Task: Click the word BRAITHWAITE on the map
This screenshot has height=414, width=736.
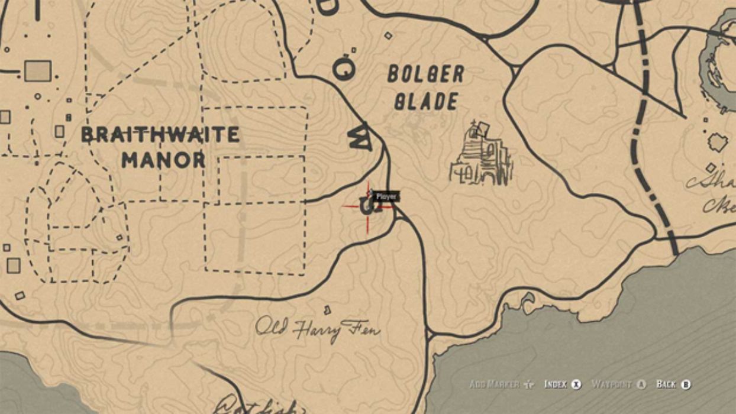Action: (160, 135)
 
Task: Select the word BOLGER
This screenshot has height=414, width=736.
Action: (425, 75)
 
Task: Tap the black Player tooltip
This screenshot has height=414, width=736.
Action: (386, 196)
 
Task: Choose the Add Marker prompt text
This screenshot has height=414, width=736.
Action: (494, 384)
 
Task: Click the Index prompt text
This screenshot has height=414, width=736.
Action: (556, 384)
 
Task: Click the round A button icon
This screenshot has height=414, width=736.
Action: (641, 384)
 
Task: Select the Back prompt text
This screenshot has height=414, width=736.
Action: (666, 384)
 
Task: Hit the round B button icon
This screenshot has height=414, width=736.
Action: (686, 384)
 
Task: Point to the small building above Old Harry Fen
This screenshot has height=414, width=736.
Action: (327, 309)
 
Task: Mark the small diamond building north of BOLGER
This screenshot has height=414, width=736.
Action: (388, 35)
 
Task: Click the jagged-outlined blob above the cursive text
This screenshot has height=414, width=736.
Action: (718, 143)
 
